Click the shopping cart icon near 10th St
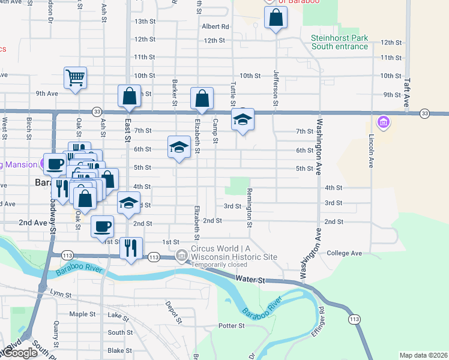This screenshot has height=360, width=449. pos(76,77)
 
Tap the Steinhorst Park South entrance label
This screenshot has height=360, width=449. pos(339,42)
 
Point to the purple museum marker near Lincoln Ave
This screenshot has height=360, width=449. pos(384,124)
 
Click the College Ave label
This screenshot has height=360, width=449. pos(344,253)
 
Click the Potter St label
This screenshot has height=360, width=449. pos(232,326)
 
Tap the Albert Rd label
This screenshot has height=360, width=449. pos(215,26)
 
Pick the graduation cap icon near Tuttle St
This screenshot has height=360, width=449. pos(243,119)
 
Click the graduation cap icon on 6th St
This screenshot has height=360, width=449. pos(178,148)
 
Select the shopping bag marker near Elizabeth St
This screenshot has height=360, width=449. pos(202,98)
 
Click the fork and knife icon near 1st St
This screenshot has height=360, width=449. pos(131,247)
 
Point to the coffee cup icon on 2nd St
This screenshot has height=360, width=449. pos(102,226)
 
